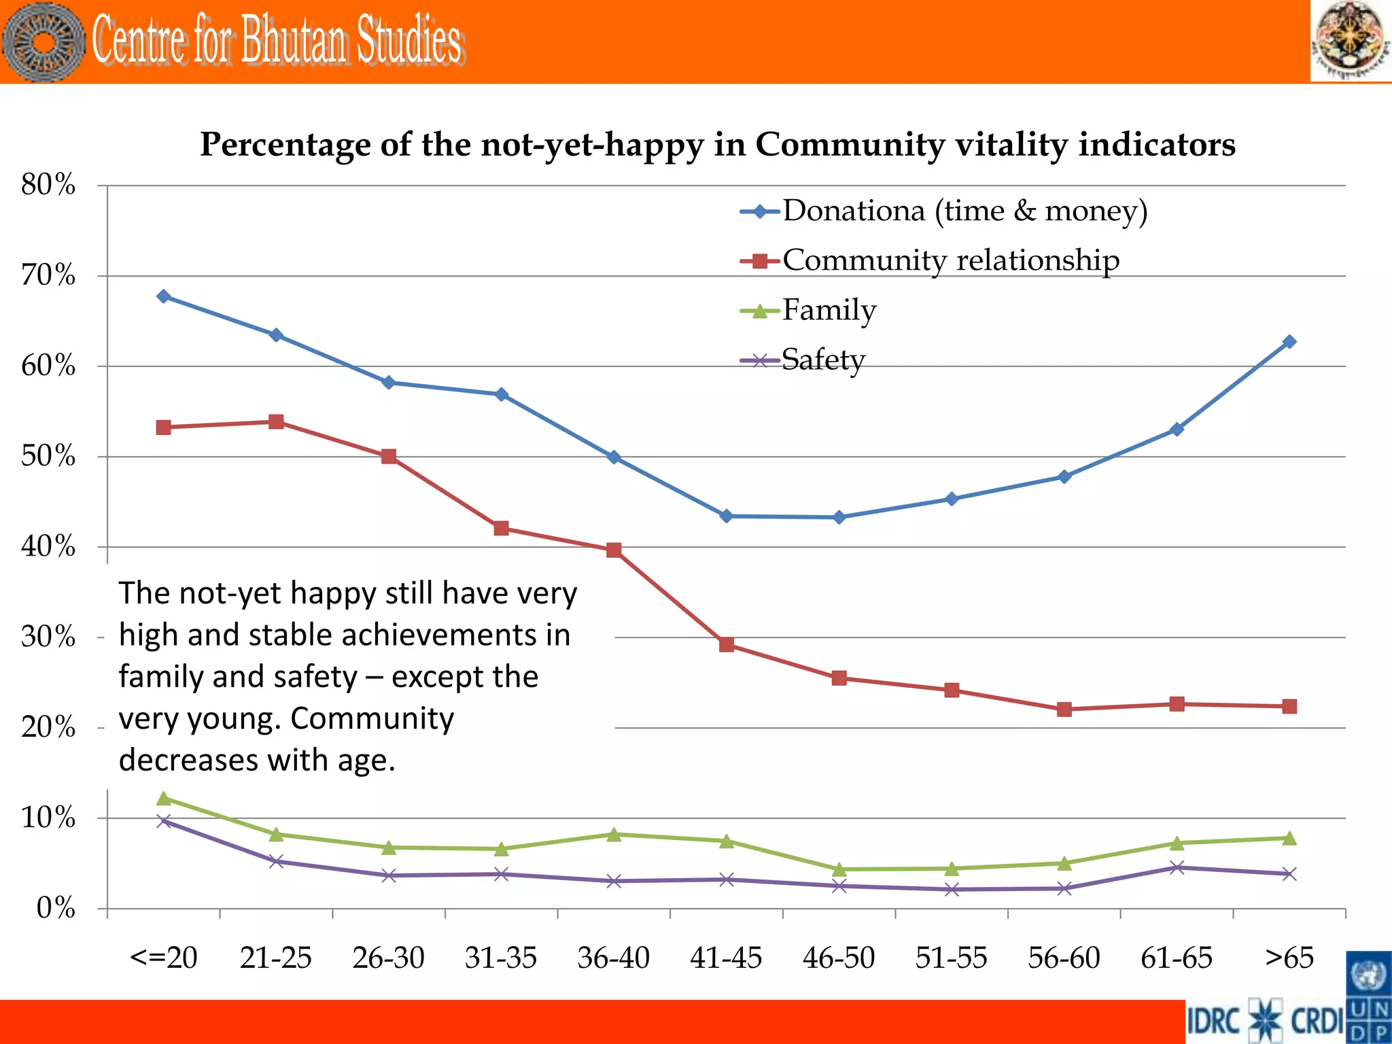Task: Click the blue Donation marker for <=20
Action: click(163, 296)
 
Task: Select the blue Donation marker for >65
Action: click(1289, 342)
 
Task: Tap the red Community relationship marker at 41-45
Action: click(726, 644)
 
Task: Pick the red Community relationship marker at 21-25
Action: click(276, 422)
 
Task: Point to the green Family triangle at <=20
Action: click(163, 799)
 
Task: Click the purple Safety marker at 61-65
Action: click(1177, 867)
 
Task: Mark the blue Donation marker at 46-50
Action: click(839, 517)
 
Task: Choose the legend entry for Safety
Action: click(822, 360)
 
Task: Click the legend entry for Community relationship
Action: click(950, 260)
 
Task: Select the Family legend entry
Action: click(829, 310)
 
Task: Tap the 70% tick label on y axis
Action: click(48, 275)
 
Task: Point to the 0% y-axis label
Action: click(56, 908)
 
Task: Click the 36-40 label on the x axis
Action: click(613, 958)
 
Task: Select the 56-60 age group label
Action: click(1064, 958)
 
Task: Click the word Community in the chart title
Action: click(849, 145)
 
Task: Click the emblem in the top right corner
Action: click(1350, 41)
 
